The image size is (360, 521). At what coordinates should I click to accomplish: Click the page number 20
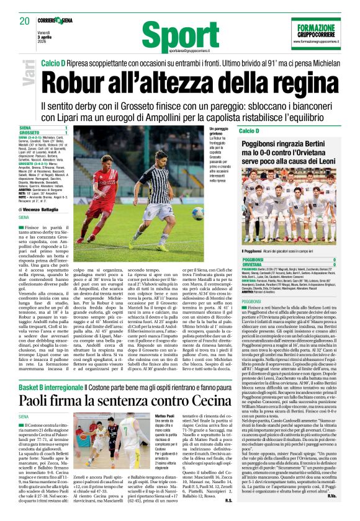pyautogui.click(x=25, y=20)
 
